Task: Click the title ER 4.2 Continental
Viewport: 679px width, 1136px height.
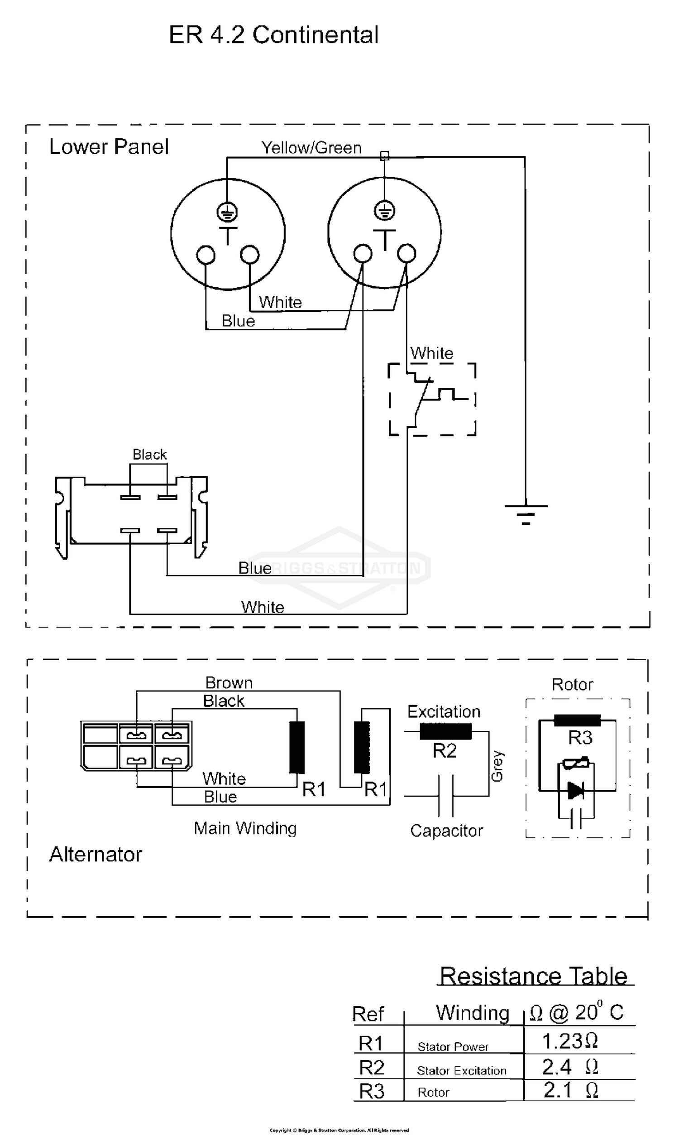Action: (273, 35)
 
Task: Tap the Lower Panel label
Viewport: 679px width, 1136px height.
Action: (109, 146)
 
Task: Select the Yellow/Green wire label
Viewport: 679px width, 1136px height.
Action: (311, 147)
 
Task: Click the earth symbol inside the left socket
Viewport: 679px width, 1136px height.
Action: (227, 212)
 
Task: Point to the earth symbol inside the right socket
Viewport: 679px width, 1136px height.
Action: (384, 211)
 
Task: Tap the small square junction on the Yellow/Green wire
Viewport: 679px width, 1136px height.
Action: (385, 156)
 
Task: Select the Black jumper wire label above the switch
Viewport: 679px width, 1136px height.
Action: (149, 454)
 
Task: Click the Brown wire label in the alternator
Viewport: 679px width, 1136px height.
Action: (229, 682)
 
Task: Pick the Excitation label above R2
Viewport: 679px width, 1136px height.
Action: (443, 711)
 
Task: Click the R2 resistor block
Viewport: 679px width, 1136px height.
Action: (445, 731)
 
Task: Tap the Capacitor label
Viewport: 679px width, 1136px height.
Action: (446, 830)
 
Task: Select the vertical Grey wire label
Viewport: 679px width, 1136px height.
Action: (497, 766)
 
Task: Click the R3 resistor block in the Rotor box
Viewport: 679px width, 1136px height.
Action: (577, 720)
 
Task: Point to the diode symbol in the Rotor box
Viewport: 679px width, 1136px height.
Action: (575, 790)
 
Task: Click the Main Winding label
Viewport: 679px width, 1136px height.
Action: (245, 828)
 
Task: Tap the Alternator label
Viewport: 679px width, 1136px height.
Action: (96, 854)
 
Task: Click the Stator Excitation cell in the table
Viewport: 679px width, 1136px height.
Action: (461, 1071)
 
